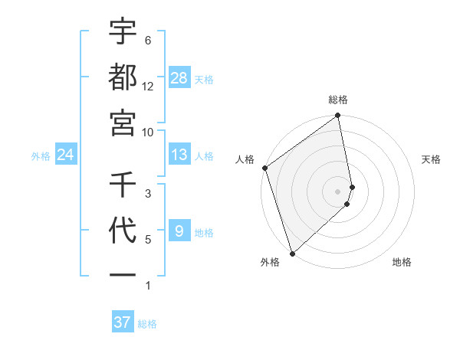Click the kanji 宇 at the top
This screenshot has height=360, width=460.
click(x=123, y=32)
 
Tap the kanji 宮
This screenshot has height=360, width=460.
click(x=123, y=122)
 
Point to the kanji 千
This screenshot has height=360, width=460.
click(x=123, y=184)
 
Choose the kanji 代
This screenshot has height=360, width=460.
click(x=123, y=230)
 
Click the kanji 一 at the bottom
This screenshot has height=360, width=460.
click(x=123, y=274)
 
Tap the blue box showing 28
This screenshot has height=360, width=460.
click(x=179, y=78)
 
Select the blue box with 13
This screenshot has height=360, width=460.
click(x=179, y=155)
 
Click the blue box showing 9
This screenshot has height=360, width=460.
click(x=179, y=231)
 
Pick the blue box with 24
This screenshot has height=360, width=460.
click(x=66, y=155)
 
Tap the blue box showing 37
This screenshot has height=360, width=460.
click(x=123, y=322)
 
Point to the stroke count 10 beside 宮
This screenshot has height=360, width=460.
click(x=148, y=132)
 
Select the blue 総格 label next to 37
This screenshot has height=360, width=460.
click(x=147, y=324)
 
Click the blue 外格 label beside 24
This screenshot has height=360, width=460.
click(x=41, y=155)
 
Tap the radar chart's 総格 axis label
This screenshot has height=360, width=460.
click(x=338, y=100)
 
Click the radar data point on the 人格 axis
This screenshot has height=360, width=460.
click(x=264, y=168)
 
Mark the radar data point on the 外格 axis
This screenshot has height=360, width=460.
click(x=292, y=253)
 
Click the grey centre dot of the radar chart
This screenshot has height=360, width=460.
click(x=338, y=191)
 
